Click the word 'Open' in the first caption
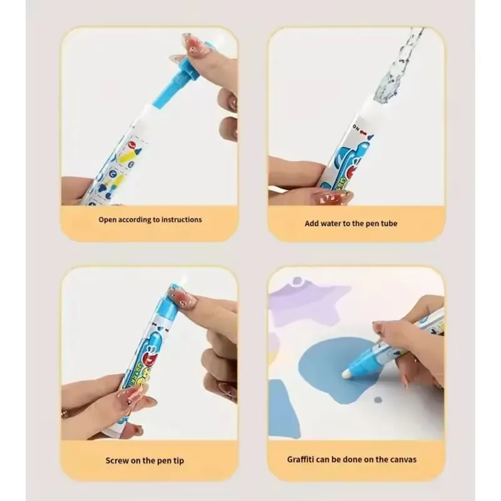[107, 220]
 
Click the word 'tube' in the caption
[389, 224]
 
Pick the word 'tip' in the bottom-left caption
[178, 461]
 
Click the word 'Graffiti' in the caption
[301, 459]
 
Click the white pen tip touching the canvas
[346, 374]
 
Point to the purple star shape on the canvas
[307, 304]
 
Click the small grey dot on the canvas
[378, 400]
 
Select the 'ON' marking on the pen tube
[356, 127]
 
